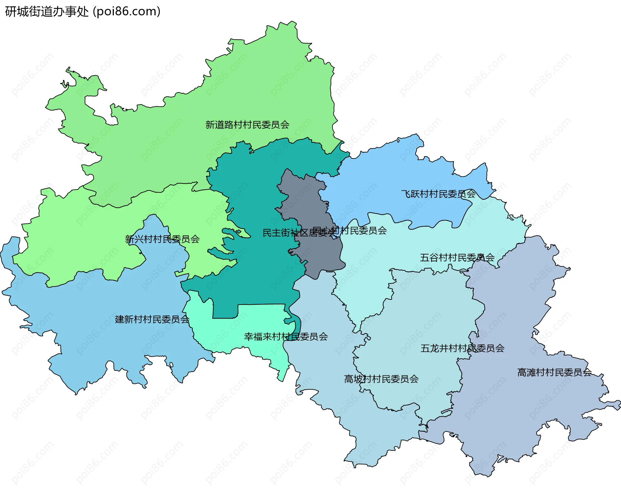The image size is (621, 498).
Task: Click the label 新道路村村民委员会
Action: tap(247, 125)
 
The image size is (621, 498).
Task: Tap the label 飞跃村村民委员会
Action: tap(438, 194)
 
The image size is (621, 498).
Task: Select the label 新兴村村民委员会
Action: tap(162, 239)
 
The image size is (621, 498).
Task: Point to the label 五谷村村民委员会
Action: tap(457, 258)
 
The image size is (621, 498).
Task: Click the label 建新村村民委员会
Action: tap(152, 319)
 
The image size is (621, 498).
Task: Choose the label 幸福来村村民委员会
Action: tap(286, 337)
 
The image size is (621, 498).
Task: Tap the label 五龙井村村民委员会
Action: tap(462, 348)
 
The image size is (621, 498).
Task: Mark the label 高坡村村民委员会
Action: tap(381, 379)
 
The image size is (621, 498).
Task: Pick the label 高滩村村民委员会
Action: tap(554, 373)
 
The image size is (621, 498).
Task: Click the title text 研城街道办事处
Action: tap(47, 12)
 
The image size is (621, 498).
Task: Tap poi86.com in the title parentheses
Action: tap(126, 12)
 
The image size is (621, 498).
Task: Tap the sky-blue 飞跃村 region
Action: tap(388, 181)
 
